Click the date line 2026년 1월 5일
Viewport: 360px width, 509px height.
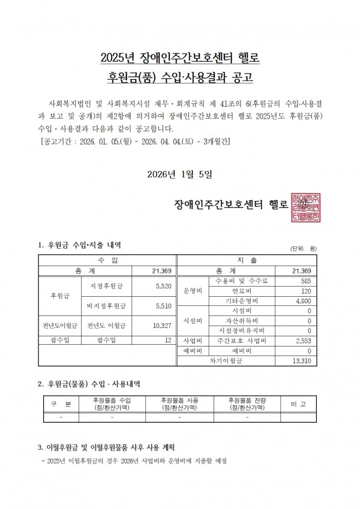(180, 174)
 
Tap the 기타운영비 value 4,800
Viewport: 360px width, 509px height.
(301, 300)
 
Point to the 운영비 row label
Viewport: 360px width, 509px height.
(192, 290)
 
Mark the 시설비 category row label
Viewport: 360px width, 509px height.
(192, 321)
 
